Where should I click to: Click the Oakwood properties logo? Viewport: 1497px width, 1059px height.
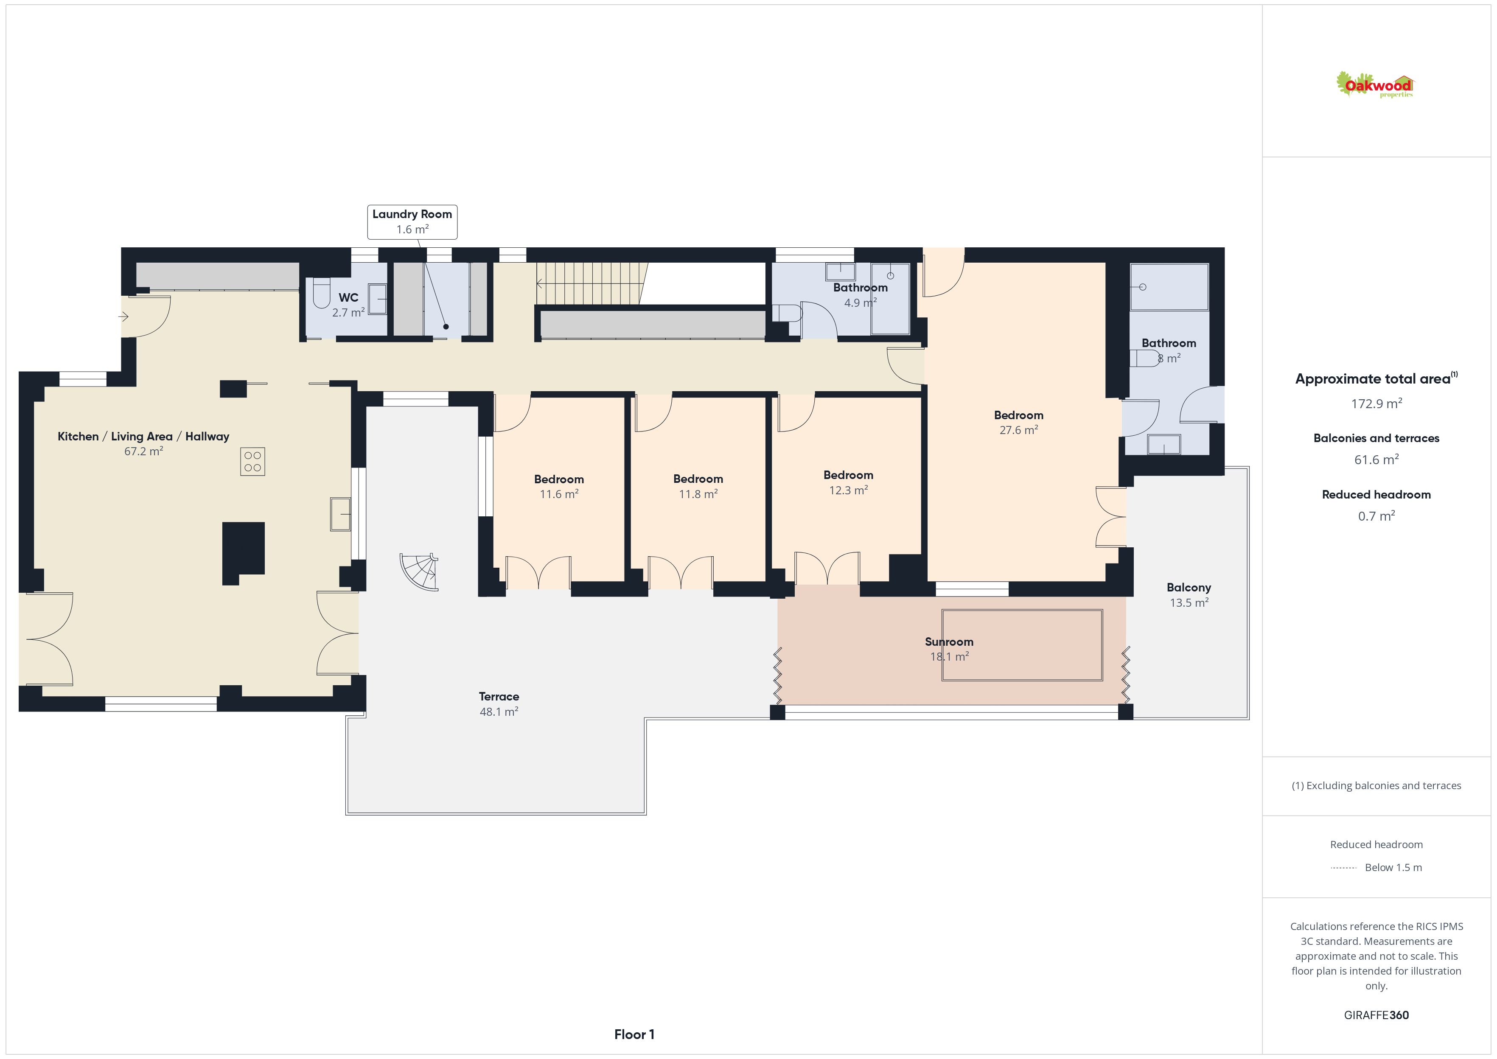(x=1374, y=85)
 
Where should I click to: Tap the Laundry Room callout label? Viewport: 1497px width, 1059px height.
(x=412, y=222)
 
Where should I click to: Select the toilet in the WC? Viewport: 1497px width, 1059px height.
(x=322, y=294)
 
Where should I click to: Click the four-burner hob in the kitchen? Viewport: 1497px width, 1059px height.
(x=252, y=462)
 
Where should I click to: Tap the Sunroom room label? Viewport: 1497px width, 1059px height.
(x=949, y=642)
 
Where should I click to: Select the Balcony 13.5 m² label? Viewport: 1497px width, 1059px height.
(x=1189, y=595)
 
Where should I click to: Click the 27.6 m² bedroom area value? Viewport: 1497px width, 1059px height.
(x=1018, y=430)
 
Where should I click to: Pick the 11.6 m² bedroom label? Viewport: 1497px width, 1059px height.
(x=559, y=487)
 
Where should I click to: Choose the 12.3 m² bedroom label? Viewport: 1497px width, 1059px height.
(x=848, y=482)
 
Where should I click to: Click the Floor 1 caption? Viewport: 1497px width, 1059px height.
(x=634, y=1034)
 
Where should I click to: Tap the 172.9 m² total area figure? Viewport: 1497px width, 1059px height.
(x=1376, y=403)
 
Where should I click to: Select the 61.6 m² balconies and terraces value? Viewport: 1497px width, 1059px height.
(x=1376, y=460)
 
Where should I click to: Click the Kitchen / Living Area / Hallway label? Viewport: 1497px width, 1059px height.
(x=143, y=436)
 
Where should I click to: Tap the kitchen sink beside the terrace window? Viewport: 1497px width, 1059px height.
(x=340, y=514)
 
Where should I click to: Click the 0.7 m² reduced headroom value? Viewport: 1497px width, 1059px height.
(x=1376, y=516)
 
